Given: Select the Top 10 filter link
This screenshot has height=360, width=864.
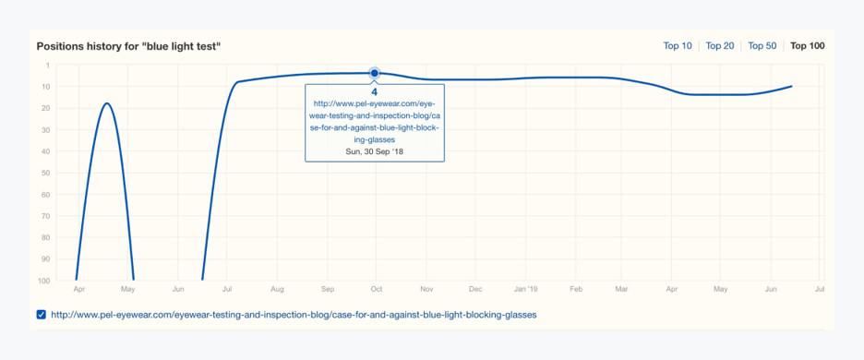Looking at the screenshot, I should (678, 46).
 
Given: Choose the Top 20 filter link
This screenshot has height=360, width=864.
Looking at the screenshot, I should (720, 46).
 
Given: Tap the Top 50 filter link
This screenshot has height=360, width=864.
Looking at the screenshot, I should (762, 46).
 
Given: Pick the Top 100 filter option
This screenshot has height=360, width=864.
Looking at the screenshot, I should (808, 46).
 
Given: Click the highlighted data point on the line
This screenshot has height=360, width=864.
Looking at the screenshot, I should (375, 73).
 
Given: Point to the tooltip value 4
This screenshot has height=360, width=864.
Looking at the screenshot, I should (375, 92).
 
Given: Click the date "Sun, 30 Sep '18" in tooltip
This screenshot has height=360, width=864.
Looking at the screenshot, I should (375, 151).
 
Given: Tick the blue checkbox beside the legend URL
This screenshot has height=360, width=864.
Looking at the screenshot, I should (42, 315).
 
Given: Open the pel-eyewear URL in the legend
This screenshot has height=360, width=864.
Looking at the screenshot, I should (294, 315).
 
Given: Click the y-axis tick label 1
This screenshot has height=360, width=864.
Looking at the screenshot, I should (47, 66).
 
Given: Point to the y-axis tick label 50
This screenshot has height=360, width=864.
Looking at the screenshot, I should (45, 173).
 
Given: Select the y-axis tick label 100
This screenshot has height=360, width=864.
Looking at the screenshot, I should (43, 281).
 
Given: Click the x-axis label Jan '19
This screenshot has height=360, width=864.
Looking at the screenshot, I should (525, 289).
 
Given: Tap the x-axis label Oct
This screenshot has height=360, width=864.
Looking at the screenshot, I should (376, 289).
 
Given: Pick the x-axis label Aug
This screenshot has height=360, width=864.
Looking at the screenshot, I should (276, 289).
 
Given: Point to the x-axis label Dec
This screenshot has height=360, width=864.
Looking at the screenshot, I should (475, 289).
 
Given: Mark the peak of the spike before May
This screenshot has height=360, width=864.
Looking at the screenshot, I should (108, 103).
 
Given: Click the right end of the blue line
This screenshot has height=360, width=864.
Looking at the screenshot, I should (791, 87).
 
